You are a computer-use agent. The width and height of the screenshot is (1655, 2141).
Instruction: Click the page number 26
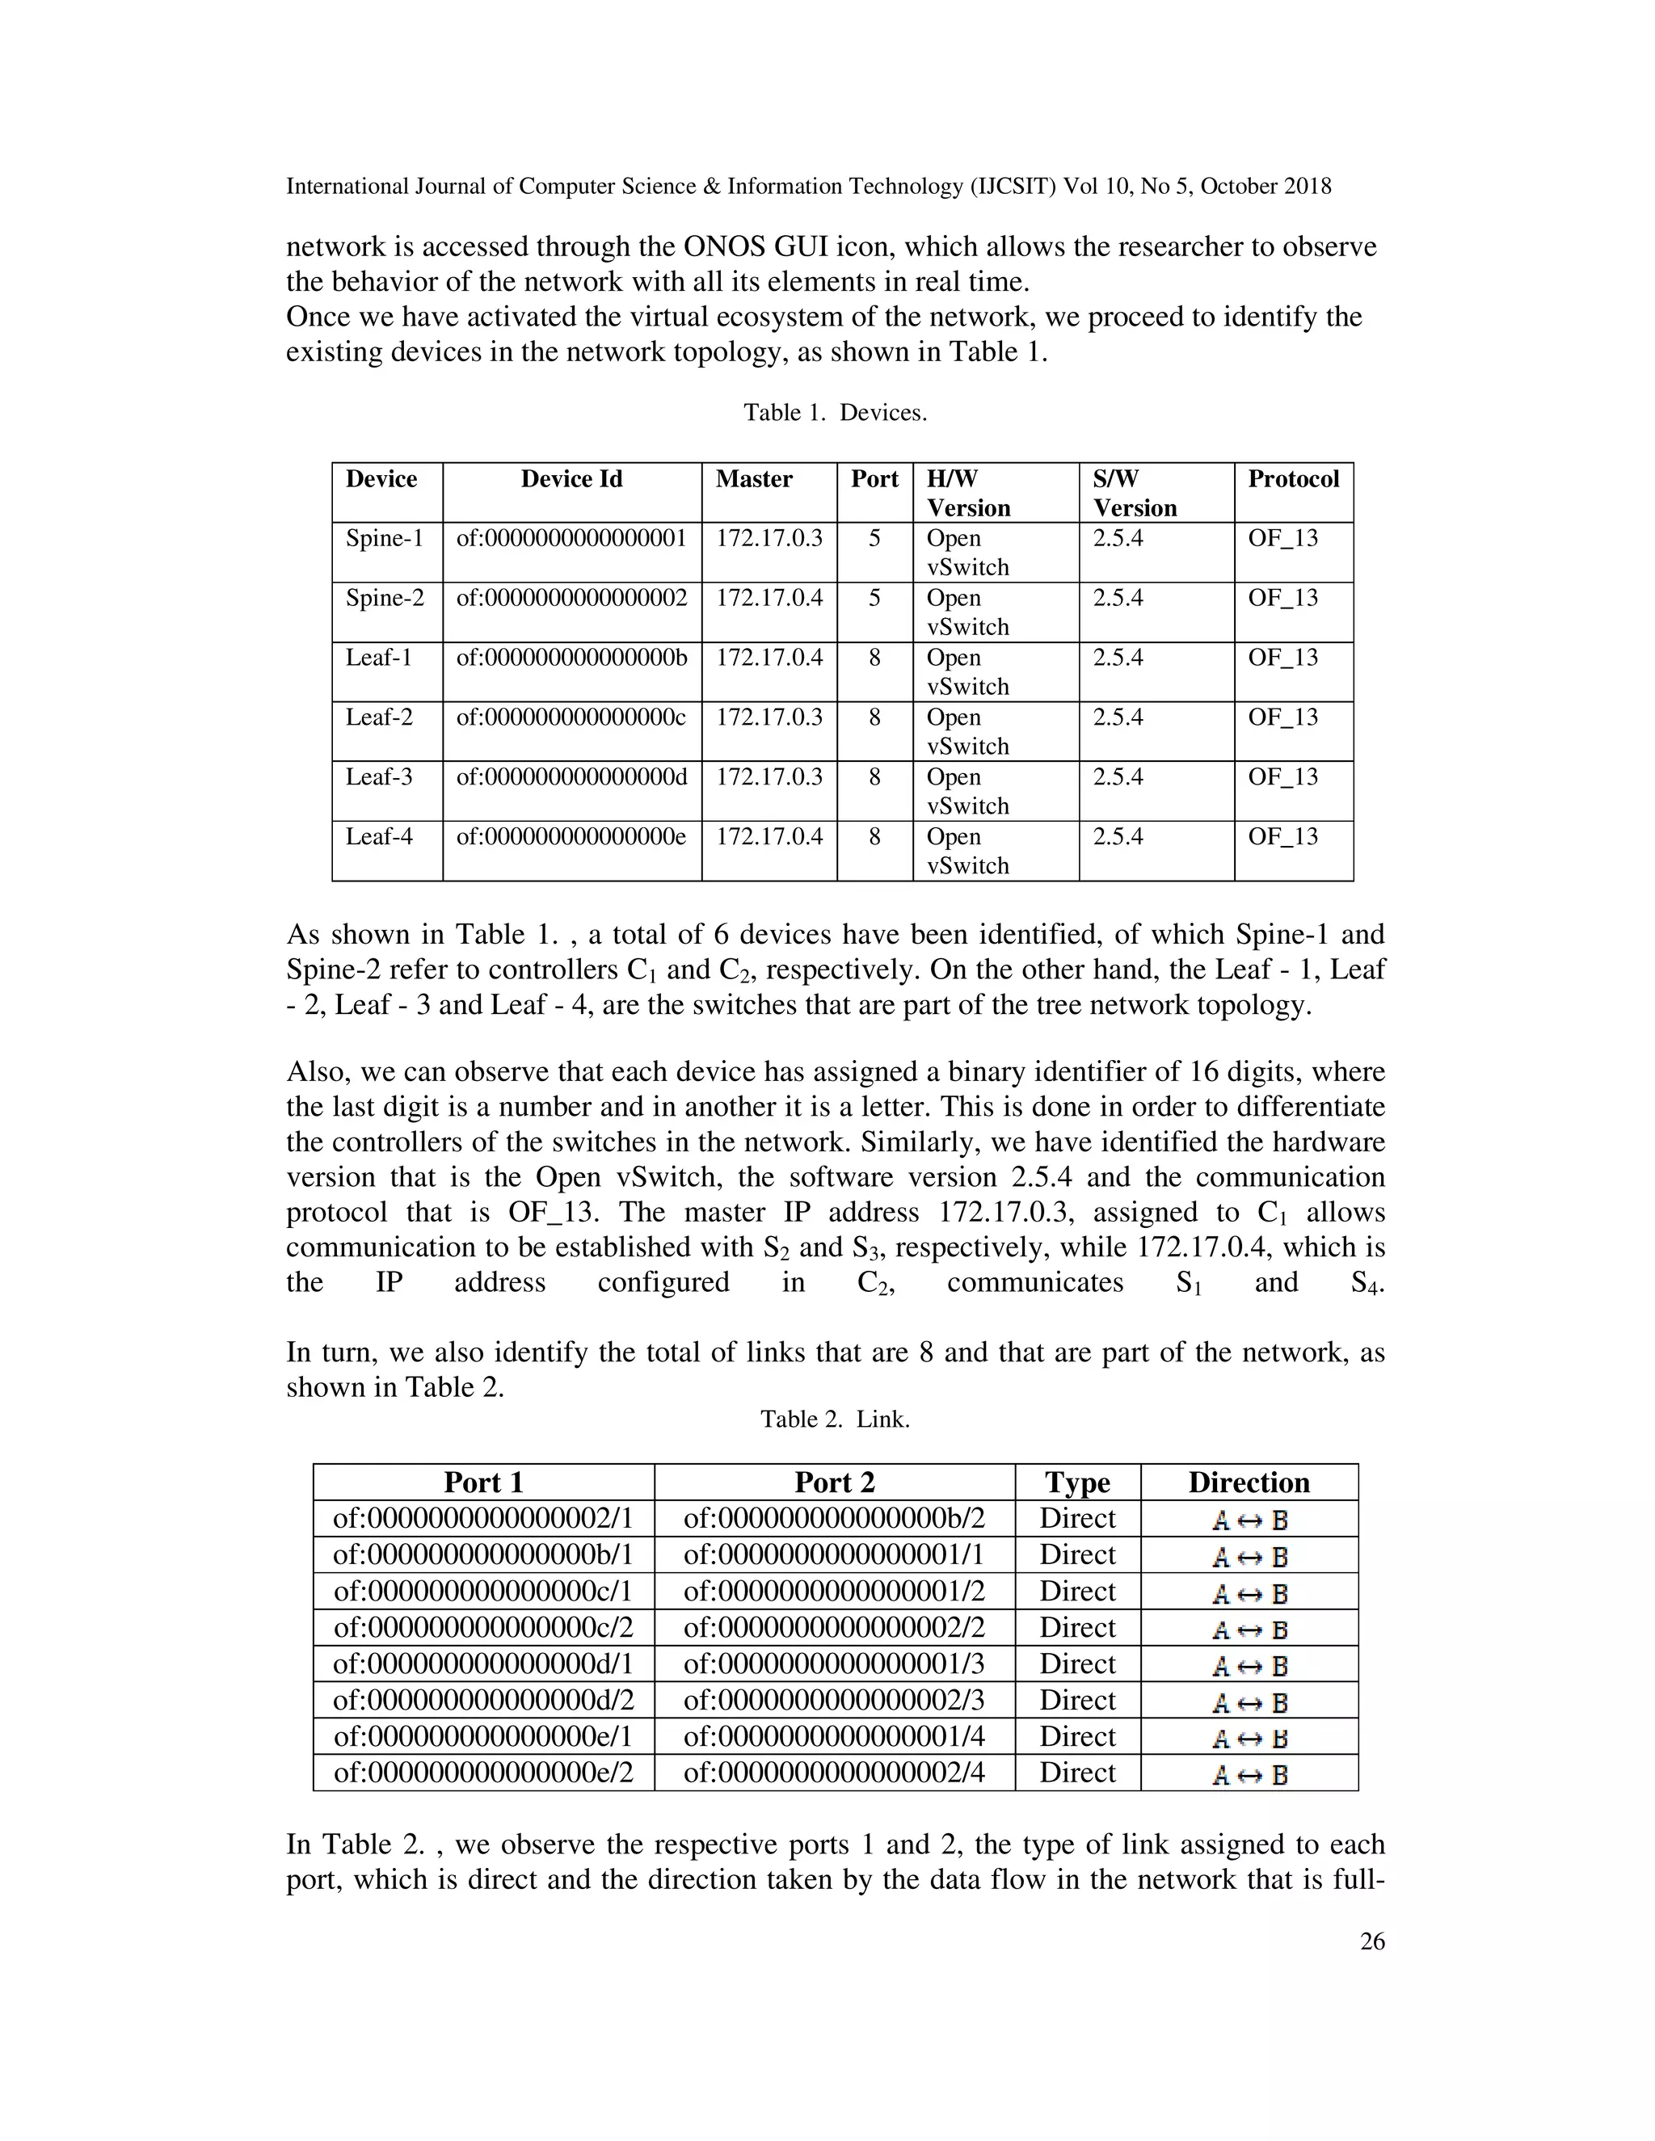pyautogui.click(x=1371, y=1941)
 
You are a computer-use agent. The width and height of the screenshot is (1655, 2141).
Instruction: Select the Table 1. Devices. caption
pyautogui.click(x=834, y=413)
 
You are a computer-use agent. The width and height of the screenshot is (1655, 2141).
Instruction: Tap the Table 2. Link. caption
pyautogui.click(x=834, y=1419)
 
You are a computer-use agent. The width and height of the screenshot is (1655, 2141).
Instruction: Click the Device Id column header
pyautogui.click(x=571, y=479)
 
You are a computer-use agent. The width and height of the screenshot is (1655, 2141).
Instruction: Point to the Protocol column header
pyautogui.click(x=1292, y=479)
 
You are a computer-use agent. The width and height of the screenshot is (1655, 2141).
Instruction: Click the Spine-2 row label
pyautogui.click(x=385, y=598)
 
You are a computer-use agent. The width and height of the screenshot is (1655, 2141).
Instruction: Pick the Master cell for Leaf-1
pyautogui.click(x=769, y=658)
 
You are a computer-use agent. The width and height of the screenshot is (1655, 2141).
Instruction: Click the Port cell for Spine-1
pyautogui.click(x=874, y=538)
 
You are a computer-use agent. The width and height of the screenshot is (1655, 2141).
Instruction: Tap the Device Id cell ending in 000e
pyautogui.click(x=571, y=837)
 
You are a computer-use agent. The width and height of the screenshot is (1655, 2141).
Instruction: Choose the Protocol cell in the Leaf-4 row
pyautogui.click(x=1282, y=837)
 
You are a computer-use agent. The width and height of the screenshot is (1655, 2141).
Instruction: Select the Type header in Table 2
pyautogui.click(x=1076, y=1483)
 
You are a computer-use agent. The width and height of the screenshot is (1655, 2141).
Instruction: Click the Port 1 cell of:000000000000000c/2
pyautogui.click(x=483, y=1628)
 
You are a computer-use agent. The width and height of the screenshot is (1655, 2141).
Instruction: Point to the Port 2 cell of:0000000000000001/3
pyautogui.click(x=833, y=1664)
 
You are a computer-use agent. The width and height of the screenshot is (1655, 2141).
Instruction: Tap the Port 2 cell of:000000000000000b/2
pyautogui.click(x=833, y=1520)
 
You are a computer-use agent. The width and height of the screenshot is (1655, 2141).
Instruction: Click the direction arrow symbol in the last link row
pyautogui.click(x=1249, y=1775)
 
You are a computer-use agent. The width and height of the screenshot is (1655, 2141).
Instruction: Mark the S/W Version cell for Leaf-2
pyautogui.click(x=1118, y=717)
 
